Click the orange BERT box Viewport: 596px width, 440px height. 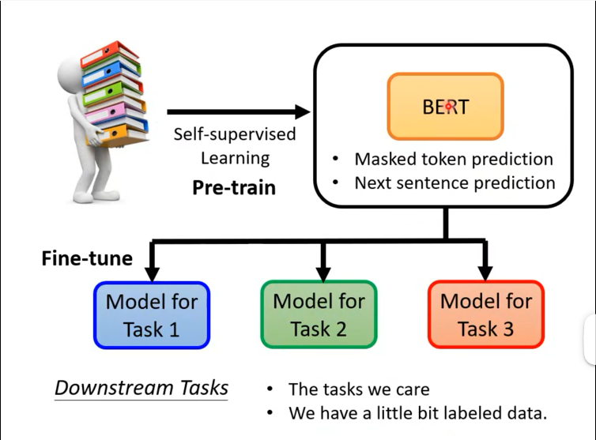click(x=445, y=106)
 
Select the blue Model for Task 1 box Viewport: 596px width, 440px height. click(x=152, y=314)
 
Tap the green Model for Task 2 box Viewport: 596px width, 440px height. click(x=319, y=314)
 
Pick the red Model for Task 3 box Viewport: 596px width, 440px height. click(x=486, y=314)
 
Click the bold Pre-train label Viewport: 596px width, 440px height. click(x=234, y=188)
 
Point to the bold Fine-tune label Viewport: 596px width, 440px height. click(x=86, y=258)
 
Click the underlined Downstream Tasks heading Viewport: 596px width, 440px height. click(x=141, y=388)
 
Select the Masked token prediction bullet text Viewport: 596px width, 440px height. click(x=453, y=159)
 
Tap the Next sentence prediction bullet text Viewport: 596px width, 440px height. click(x=455, y=182)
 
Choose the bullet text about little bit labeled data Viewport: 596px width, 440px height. click(x=417, y=412)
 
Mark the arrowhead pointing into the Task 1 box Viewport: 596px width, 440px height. click(x=152, y=273)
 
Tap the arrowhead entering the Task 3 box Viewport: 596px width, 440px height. click(x=486, y=273)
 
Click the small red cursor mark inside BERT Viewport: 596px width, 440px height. click(x=448, y=106)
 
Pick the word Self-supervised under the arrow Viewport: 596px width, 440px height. click(x=235, y=134)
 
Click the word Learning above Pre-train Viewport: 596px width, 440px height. click(x=235, y=158)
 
